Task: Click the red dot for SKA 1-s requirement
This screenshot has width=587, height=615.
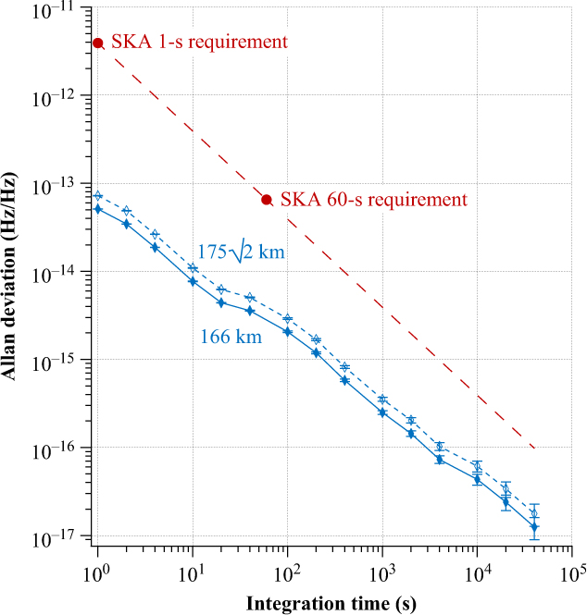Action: tap(98, 43)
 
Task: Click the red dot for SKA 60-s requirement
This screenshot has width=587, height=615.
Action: tap(267, 200)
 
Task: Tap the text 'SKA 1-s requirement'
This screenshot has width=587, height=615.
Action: tap(199, 43)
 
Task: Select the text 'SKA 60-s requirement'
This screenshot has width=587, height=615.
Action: tap(372, 200)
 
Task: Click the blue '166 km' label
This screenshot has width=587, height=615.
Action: tap(231, 338)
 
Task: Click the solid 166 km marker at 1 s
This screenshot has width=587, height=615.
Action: tap(98, 209)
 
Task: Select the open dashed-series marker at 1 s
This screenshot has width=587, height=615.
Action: tap(98, 195)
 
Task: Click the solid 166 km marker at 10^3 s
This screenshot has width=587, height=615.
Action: tap(382, 412)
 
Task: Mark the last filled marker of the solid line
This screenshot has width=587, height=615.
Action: tap(534, 527)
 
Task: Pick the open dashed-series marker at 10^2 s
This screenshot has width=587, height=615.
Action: tap(288, 318)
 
